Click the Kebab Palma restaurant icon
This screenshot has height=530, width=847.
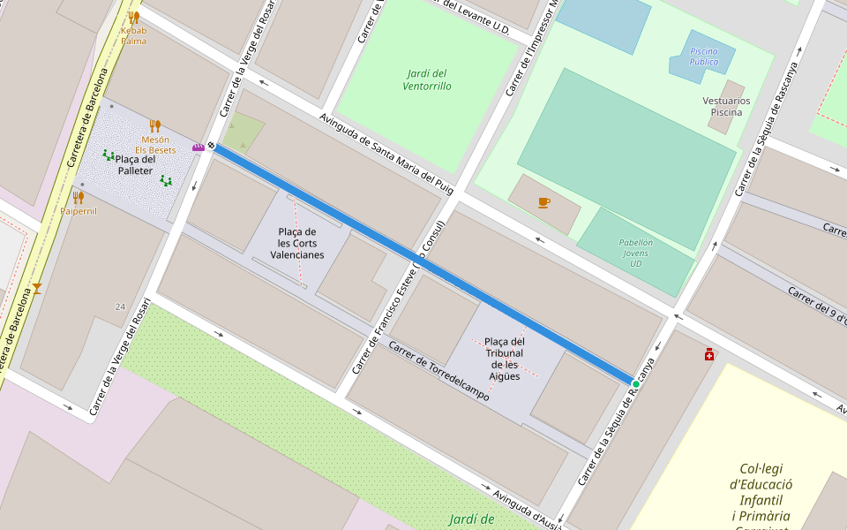pos(133,17)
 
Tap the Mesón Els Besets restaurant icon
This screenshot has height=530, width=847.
pos(155,125)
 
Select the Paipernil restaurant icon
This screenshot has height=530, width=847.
pos(78,198)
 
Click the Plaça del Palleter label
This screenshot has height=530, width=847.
pos(136,165)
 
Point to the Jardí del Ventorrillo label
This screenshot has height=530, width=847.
pos(427,79)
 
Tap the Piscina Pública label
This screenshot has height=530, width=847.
pos(703,57)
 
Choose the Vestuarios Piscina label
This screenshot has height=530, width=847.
pos(726,106)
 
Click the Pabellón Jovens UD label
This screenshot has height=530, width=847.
pos(636,253)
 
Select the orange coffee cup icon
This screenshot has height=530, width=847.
pos(543,202)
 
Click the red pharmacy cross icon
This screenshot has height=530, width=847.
pos(709,354)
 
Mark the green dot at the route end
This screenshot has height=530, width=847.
pos(635,384)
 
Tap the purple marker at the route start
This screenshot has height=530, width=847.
pos(199,147)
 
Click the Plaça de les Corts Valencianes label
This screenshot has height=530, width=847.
pos(296,243)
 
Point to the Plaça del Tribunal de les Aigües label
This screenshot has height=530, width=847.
pos(505,359)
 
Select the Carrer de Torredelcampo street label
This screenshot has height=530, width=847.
pos(438,372)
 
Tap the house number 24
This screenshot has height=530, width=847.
pos(120,307)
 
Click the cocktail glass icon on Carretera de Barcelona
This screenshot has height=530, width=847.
pos(37,288)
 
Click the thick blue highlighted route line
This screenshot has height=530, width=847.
pos(423,265)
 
